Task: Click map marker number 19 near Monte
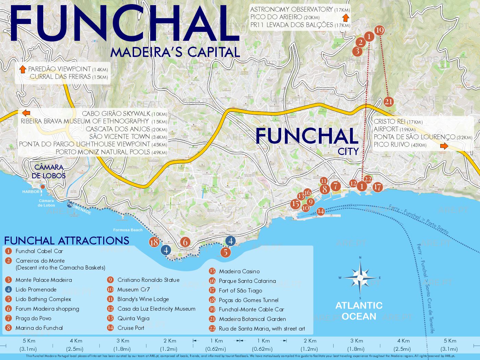(379, 31)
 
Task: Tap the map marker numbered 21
(388, 102)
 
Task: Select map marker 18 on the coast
(154, 242)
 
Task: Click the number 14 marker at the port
(321, 212)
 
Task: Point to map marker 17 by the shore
(377, 187)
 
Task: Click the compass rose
(360, 277)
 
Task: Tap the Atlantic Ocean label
(359, 311)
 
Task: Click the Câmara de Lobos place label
(49, 171)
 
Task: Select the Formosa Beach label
(128, 230)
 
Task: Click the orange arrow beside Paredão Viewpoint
(23, 69)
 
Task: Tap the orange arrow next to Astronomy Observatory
(346, 17)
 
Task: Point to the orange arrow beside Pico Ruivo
(444, 146)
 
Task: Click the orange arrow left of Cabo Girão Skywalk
(26, 113)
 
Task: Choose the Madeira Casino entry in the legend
(239, 271)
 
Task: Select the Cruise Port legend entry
(131, 328)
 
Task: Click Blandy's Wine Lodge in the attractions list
(143, 299)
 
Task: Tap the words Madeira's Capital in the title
(175, 52)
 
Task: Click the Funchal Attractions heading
(67, 240)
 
